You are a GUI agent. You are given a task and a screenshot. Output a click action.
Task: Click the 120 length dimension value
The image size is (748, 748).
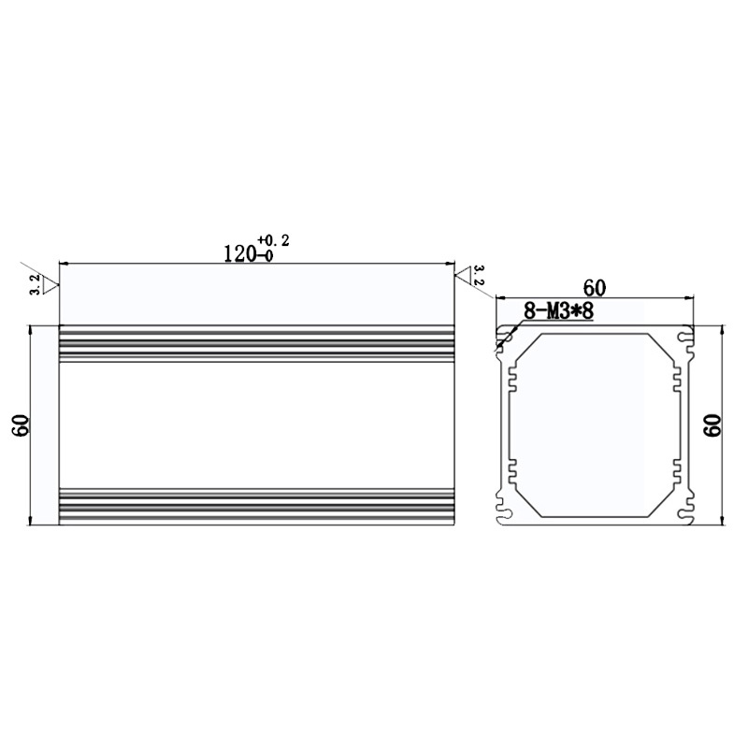(241, 253)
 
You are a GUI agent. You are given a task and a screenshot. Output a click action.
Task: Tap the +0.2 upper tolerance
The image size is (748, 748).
(274, 241)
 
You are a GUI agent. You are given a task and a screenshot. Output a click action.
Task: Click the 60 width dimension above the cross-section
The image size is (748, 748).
(596, 286)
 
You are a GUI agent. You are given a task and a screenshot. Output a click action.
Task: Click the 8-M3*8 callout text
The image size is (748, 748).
(558, 310)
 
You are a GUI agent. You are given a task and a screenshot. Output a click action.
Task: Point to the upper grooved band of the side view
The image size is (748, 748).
(256, 345)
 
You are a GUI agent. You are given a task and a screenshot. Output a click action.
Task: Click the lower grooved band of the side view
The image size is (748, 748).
(256, 505)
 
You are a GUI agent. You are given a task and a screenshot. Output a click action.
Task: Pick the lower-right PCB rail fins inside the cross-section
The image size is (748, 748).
(678, 472)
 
